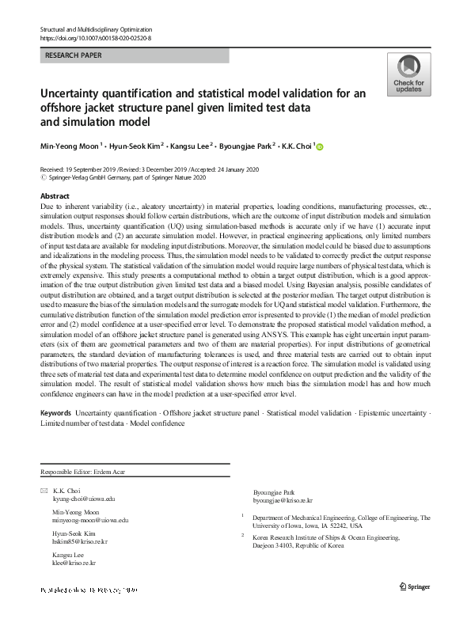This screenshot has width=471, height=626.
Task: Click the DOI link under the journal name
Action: (x=95, y=37)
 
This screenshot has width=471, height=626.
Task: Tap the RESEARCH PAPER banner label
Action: (x=75, y=56)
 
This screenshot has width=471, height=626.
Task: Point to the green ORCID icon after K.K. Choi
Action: (x=321, y=146)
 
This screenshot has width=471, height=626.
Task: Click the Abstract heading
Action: (x=54, y=195)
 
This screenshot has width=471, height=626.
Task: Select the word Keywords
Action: (x=55, y=413)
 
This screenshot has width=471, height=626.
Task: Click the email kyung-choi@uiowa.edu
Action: (x=84, y=499)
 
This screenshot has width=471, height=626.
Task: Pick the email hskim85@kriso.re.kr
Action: (x=80, y=541)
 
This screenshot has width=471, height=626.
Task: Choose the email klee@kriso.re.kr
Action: (x=74, y=563)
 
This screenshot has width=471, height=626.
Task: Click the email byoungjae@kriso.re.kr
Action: (x=282, y=501)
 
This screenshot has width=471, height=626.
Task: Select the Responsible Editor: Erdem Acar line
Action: (x=82, y=472)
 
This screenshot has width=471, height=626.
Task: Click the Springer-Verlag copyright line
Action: (x=117, y=178)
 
